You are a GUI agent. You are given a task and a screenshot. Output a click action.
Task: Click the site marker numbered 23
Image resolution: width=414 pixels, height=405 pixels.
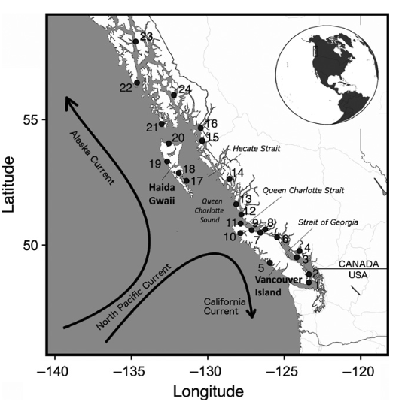(x=136, y=41)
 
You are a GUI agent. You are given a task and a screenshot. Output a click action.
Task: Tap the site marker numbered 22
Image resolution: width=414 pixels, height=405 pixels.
(x=137, y=83)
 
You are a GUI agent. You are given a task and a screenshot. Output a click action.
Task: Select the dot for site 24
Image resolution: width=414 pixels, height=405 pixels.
(x=174, y=95)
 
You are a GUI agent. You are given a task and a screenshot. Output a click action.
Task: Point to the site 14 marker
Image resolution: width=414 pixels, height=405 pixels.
(x=230, y=178)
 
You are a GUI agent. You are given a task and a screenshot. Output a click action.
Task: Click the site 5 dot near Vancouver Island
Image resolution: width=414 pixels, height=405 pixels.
(x=269, y=262)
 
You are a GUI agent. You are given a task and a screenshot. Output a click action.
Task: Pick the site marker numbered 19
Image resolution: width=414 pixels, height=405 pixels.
(x=167, y=161)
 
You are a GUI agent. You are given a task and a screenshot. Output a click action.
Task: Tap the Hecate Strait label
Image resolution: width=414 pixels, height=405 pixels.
(x=256, y=149)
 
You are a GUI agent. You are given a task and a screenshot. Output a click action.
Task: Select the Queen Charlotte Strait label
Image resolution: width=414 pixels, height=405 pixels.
(x=303, y=190)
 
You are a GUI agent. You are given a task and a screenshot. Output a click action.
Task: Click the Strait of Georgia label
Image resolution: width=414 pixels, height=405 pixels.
(x=323, y=222)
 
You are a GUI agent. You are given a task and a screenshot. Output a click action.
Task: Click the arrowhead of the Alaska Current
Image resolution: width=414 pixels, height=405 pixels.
(x=67, y=101)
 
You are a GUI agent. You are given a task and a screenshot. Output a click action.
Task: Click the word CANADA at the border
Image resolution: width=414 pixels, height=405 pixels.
(x=356, y=264)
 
